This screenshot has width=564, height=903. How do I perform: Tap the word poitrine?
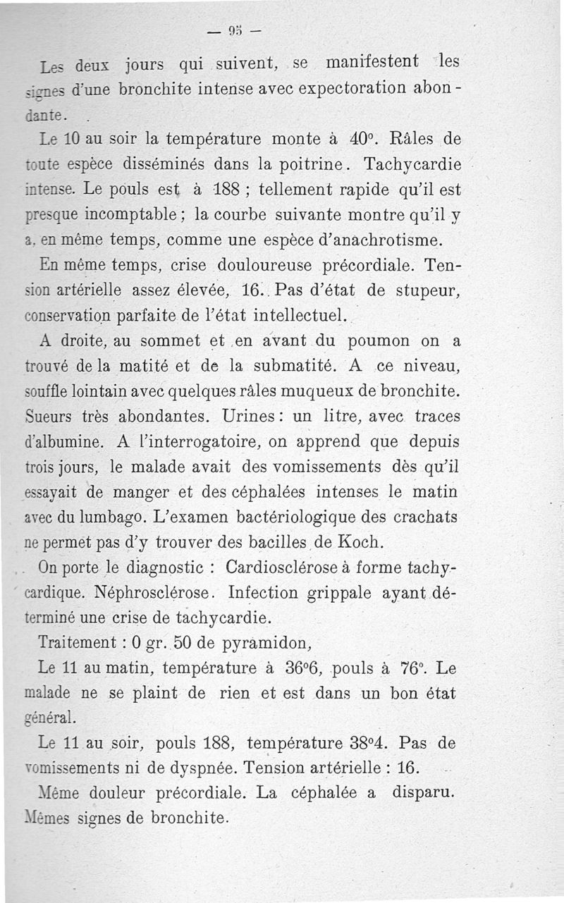click(312, 164)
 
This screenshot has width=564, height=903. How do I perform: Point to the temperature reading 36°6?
click(298, 667)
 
